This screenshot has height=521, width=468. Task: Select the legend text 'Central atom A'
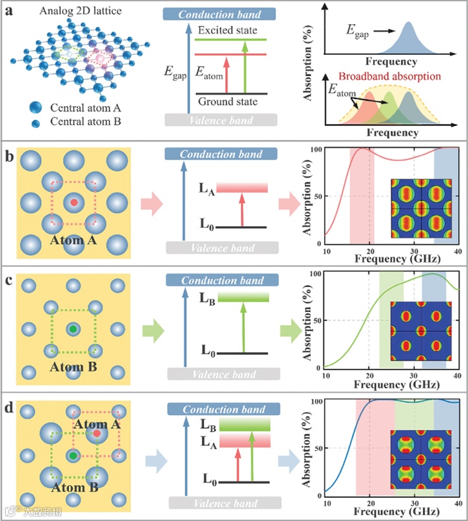click(x=78, y=109)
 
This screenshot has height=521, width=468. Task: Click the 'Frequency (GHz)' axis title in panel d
click(x=392, y=512)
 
